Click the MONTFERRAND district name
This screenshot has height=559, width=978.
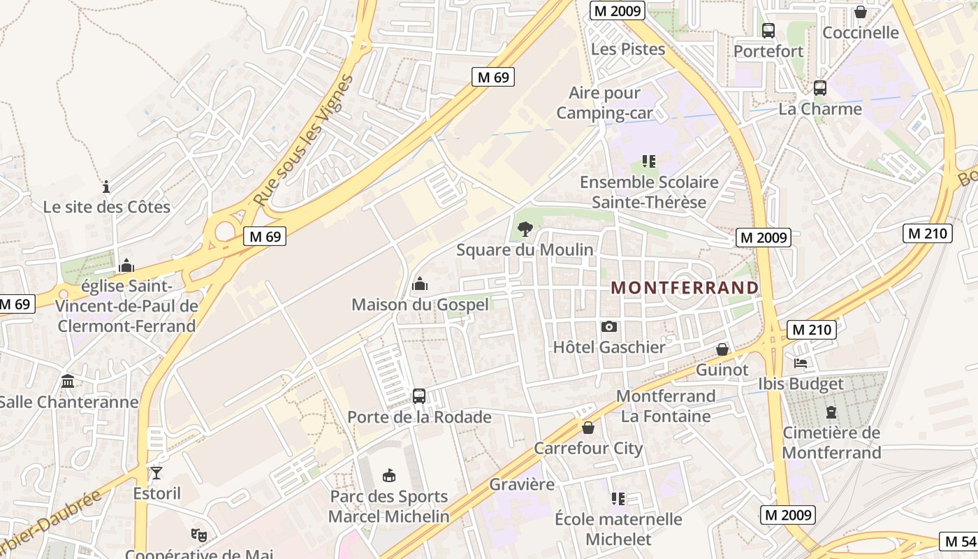[x=685, y=287]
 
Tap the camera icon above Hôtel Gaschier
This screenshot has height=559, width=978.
[x=609, y=326]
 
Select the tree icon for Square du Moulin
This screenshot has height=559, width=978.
[x=525, y=228]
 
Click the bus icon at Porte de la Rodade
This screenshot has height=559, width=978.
[x=419, y=396]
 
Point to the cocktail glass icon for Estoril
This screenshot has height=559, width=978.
[x=156, y=473]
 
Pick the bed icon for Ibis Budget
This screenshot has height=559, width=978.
[x=801, y=363]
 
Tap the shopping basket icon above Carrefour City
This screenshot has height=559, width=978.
[x=588, y=428]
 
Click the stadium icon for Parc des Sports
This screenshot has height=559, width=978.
[x=389, y=476]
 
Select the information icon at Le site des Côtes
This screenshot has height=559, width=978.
[x=106, y=187]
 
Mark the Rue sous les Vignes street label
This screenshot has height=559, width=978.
[x=303, y=140]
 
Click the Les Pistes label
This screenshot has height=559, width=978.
[x=628, y=50]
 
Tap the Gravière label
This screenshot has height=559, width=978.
[x=522, y=484]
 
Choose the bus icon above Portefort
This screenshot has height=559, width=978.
[x=768, y=31]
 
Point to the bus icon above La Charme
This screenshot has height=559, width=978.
[x=820, y=88]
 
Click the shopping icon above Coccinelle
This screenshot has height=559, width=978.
[x=861, y=13]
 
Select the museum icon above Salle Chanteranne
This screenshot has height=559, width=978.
[x=68, y=382]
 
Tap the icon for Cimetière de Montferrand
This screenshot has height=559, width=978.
[x=831, y=412]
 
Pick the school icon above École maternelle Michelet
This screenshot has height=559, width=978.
[x=618, y=499]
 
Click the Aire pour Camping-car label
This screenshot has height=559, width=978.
[x=604, y=103]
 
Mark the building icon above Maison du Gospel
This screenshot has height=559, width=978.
[x=420, y=284]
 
